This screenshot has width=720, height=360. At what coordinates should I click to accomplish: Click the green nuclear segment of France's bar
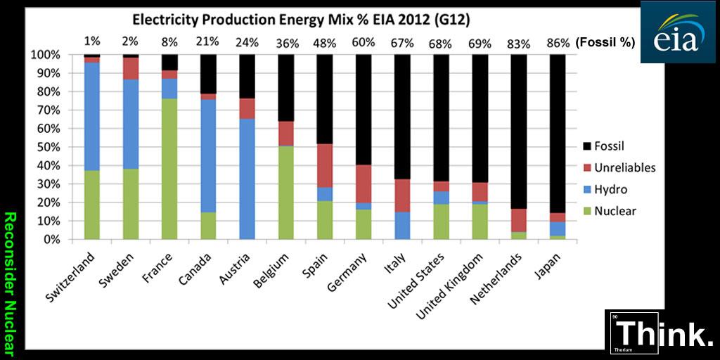point(170,169)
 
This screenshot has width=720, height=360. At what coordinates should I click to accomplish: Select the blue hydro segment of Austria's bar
point(247,179)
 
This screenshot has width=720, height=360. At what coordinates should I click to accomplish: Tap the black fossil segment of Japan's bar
point(557,134)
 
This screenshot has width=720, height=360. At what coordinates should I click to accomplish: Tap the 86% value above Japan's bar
point(558,42)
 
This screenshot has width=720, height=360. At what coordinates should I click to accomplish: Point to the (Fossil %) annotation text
point(605,42)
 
